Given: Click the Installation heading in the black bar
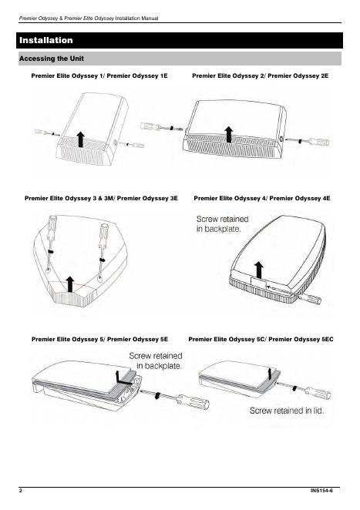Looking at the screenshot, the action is [x=46, y=40].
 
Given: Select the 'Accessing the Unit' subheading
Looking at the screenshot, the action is [x=52, y=59].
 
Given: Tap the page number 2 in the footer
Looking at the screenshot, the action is [x=21, y=491].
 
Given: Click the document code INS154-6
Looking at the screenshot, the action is [x=321, y=491].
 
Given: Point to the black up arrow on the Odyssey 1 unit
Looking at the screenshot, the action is [x=81, y=139].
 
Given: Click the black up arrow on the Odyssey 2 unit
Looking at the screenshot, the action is [x=229, y=134].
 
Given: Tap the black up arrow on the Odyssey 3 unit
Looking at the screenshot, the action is [x=70, y=284].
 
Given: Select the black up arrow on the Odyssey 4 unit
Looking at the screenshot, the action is [x=259, y=270].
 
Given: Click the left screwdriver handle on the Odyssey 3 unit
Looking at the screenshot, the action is [x=52, y=224].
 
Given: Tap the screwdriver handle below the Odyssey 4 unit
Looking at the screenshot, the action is [x=312, y=298].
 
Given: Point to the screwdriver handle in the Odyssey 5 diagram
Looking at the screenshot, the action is [x=194, y=401].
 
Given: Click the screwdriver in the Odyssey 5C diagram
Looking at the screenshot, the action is [x=304, y=389].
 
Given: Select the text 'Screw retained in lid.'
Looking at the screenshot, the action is [x=287, y=411].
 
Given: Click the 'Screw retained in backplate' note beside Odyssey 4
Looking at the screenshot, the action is [x=222, y=223].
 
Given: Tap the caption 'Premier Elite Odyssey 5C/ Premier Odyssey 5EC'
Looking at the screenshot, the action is [x=261, y=339].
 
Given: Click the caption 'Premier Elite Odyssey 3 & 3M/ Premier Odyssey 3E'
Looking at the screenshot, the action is [x=101, y=198].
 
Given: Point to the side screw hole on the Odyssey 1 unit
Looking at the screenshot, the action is [x=116, y=142].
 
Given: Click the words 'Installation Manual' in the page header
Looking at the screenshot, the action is [x=136, y=18].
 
